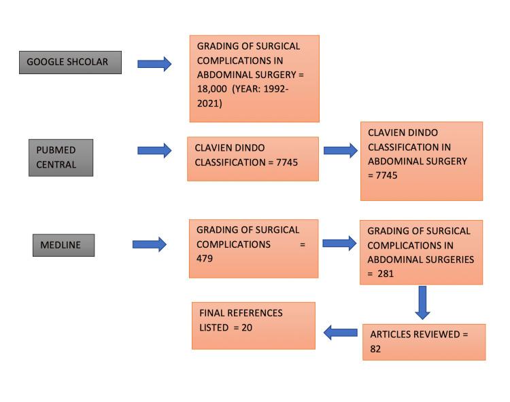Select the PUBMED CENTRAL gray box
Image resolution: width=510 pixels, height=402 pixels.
point(61,157)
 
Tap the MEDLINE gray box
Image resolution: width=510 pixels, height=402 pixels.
point(63,244)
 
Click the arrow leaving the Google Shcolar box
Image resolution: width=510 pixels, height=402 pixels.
point(154,64)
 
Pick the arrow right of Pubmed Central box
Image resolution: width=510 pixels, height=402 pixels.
point(154,150)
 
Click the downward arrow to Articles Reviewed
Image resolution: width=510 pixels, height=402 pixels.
point(422,302)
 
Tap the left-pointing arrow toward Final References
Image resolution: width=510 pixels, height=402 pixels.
point(340,332)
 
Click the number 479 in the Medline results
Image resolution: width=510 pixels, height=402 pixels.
point(205,259)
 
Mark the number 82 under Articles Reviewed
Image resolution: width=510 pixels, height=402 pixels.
point(376,349)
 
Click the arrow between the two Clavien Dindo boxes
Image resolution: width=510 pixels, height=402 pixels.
point(340,150)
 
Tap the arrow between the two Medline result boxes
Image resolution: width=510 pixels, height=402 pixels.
point(339,243)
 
